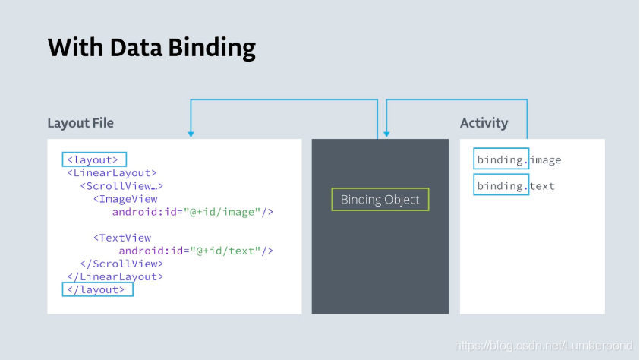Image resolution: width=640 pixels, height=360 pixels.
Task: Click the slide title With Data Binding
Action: tap(151, 48)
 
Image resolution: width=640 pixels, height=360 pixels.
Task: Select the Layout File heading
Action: tap(80, 123)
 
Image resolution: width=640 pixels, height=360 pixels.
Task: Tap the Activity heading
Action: tap(484, 123)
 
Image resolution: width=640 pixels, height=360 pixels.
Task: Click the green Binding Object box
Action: tap(380, 200)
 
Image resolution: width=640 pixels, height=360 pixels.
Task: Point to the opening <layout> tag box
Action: tap(93, 160)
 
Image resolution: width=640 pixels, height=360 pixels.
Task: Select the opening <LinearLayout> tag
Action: tap(112, 173)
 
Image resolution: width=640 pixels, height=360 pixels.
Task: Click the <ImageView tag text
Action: tap(125, 199)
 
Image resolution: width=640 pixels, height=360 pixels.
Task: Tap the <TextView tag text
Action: tap(122, 238)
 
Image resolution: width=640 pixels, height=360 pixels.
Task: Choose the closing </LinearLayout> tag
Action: tap(115, 276)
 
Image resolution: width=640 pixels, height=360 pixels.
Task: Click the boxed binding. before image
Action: tap(501, 159)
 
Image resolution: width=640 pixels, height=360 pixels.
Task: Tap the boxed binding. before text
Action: tap(501, 186)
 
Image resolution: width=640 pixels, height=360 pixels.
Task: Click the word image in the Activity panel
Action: tap(546, 160)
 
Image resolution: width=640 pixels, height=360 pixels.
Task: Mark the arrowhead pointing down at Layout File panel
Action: tap(191, 134)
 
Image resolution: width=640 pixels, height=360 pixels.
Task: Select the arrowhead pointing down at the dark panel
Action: tap(387, 134)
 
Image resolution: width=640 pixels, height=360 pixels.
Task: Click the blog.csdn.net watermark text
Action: tap(543, 346)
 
